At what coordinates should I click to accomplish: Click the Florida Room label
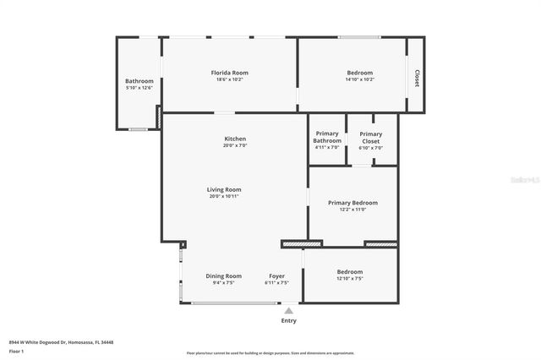point(229,73)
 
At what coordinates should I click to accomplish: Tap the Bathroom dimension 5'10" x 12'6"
point(139,87)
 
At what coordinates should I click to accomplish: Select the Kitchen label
point(234,139)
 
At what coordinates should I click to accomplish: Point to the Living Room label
point(225,189)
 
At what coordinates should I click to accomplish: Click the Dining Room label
point(223,275)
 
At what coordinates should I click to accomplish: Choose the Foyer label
point(276,275)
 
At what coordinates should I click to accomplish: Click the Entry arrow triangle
point(288,310)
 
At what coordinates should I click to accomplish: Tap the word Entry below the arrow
point(288,320)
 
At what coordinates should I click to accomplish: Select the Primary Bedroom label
point(352,203)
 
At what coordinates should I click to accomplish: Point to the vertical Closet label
point(416,78)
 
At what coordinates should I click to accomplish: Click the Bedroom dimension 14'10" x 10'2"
point(360,79)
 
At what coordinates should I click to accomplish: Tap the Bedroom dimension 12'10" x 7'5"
point(349,278)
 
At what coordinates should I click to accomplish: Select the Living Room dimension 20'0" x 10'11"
point(225,196)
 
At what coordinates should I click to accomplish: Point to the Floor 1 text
point(17,350)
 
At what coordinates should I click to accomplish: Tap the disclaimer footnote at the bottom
point(270,353)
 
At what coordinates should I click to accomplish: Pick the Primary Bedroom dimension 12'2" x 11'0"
point(352,210)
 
